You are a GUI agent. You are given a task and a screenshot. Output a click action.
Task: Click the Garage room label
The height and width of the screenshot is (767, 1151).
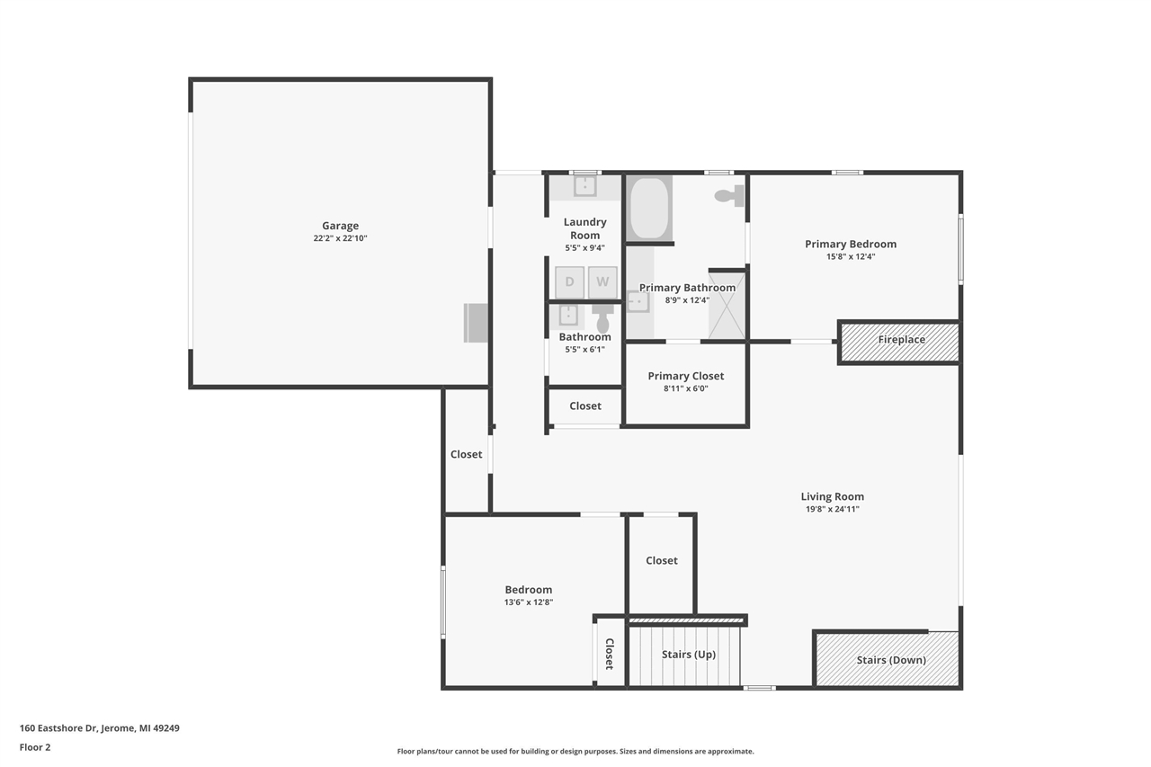click(340, 227)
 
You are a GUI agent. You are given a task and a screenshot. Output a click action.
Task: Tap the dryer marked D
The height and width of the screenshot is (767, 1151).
click(569, 282)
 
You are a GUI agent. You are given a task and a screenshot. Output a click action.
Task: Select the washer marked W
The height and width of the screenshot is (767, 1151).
click(602, 282)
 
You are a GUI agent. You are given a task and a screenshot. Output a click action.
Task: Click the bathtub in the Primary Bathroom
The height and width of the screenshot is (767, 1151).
click(648, 209)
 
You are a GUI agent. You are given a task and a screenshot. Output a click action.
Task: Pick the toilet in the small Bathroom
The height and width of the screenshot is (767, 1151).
click(602, 318)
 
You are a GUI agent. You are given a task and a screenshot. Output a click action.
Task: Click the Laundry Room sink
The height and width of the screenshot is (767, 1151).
click(585, 186)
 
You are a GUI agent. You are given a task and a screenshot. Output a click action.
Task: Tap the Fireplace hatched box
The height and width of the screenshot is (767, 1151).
click(900, 342)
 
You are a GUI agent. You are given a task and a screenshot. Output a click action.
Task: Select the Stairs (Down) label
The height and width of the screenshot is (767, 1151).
click(890, 660)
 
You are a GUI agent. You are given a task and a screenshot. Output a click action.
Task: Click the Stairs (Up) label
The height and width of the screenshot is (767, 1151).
click(689, 655)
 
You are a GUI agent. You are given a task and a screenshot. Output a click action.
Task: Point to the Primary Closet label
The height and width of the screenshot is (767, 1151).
click(686, 376)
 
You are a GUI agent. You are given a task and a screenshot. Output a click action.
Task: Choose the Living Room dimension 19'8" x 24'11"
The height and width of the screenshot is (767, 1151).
click(832, 509)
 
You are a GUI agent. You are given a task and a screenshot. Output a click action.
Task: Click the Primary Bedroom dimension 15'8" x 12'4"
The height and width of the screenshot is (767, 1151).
click(850, 256)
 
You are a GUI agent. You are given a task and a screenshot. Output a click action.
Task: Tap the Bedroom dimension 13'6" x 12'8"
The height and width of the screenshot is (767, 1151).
click(528, 602)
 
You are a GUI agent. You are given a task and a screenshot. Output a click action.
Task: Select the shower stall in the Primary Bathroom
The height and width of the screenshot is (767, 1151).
click(727, 304)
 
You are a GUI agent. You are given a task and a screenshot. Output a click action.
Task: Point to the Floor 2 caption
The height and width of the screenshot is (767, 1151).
click(35, 746)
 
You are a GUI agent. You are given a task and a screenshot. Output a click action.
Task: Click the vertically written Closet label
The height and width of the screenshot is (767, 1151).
click(609, 654)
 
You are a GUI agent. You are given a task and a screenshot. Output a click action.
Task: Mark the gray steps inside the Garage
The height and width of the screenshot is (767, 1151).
click(476, 323)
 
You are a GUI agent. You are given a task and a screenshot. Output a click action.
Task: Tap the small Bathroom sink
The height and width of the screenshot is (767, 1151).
click(568, 315)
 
